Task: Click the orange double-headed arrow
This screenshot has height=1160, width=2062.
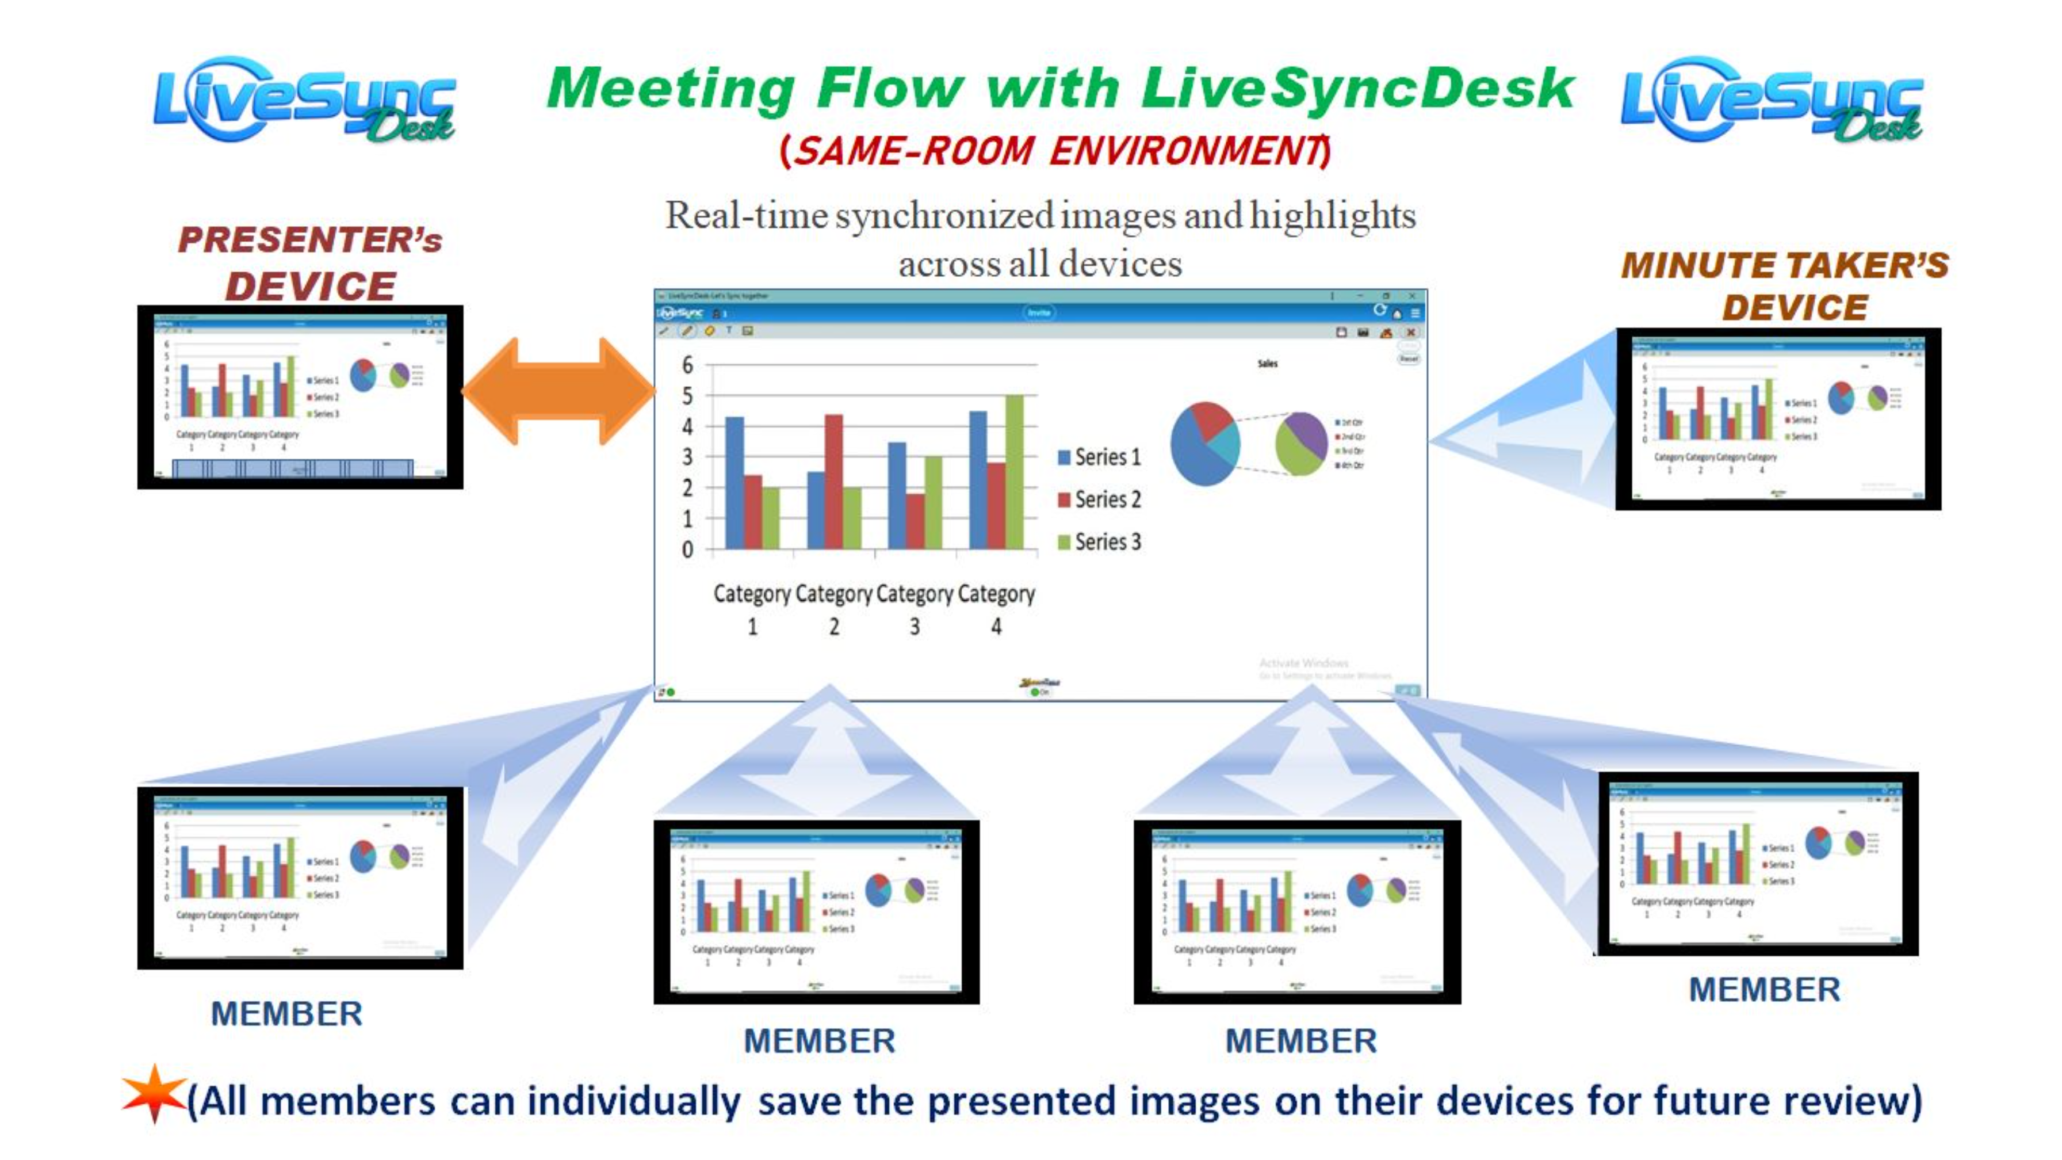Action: (558, 391)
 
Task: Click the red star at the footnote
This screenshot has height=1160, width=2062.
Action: (153, 1094)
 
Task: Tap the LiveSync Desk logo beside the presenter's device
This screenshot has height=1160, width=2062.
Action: (304, 100)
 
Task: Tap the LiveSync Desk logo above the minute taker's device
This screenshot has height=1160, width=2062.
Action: (1772, 100)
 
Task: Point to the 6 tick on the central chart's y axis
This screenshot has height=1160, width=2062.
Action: (687, 365)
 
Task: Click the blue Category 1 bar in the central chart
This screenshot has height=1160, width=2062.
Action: (734, 482)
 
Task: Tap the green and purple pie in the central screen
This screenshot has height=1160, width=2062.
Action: (1301, 444)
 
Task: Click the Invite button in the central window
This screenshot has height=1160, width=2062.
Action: (1038, 313)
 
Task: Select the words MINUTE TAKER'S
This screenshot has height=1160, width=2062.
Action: (1784, 266)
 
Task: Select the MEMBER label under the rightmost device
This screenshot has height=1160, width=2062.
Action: (1763, 990)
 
